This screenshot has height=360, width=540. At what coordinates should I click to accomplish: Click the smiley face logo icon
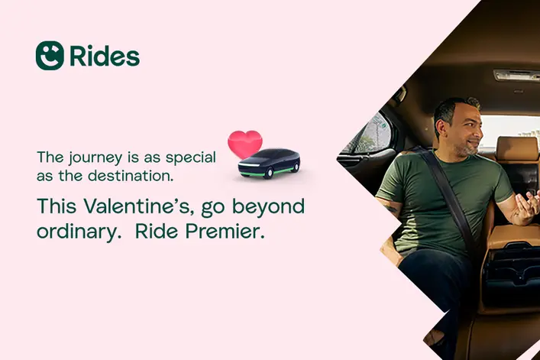50,56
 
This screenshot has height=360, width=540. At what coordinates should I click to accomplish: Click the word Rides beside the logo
105,56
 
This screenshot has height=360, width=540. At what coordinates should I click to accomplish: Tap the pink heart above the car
245,144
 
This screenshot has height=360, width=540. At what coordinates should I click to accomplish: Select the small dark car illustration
269,164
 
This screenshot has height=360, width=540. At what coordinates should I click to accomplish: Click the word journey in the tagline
95,157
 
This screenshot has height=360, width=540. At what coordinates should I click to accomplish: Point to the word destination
131,176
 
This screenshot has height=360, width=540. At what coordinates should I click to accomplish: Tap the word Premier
225,232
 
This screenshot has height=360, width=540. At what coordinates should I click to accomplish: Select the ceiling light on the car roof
516,75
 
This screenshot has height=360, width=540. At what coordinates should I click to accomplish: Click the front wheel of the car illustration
268,173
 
